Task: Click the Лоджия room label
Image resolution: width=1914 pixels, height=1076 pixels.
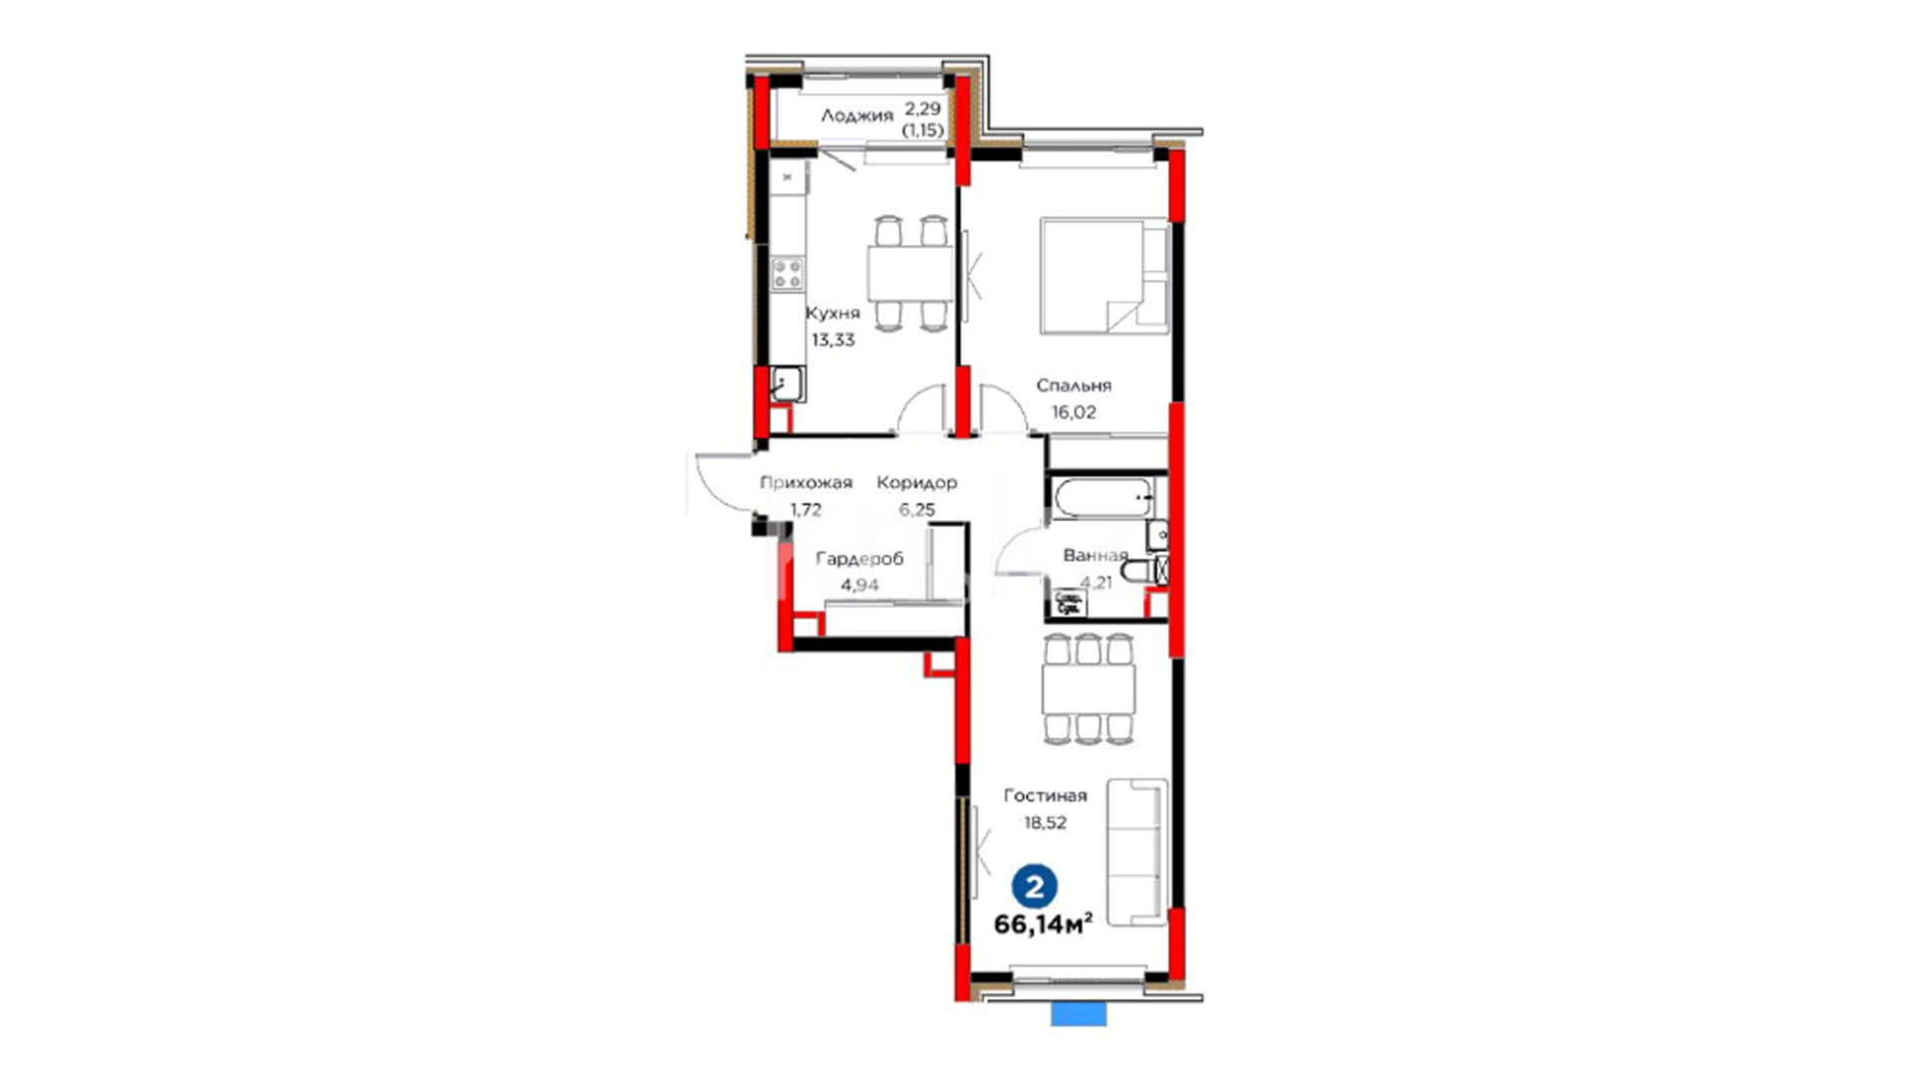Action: pos(856,116)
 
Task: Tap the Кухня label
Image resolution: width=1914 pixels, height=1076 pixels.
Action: pos(832,313)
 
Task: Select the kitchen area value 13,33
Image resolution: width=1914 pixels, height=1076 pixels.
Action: pos(832,340)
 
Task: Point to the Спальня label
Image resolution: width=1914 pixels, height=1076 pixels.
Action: pos(1073,386)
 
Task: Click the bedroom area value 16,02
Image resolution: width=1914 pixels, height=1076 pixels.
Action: pos(1073,412)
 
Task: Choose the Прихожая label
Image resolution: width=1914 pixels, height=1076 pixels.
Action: pos(805,483)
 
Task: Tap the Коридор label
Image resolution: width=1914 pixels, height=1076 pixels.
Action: pos(916,483)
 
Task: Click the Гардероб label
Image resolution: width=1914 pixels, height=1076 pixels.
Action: pos(859,559)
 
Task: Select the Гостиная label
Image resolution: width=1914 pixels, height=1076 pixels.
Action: pos(1045,796)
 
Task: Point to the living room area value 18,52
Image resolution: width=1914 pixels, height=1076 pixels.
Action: pos(1045,823)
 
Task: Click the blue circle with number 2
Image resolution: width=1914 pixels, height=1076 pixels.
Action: pos(1035,886)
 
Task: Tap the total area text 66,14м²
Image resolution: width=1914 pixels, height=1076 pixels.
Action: pos(1043,925)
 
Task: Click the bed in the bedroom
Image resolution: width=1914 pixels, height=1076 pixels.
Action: pos(1105,276)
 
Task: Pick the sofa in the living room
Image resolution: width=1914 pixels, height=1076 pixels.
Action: pos(1136,853)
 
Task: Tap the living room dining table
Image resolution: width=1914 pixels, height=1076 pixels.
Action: pos(1089,688)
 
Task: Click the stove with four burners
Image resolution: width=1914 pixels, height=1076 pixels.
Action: pos(788,273)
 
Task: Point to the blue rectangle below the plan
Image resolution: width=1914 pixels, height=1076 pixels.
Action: pos(1079,1014)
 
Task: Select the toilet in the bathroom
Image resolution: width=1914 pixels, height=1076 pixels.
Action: pos(1143,571)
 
